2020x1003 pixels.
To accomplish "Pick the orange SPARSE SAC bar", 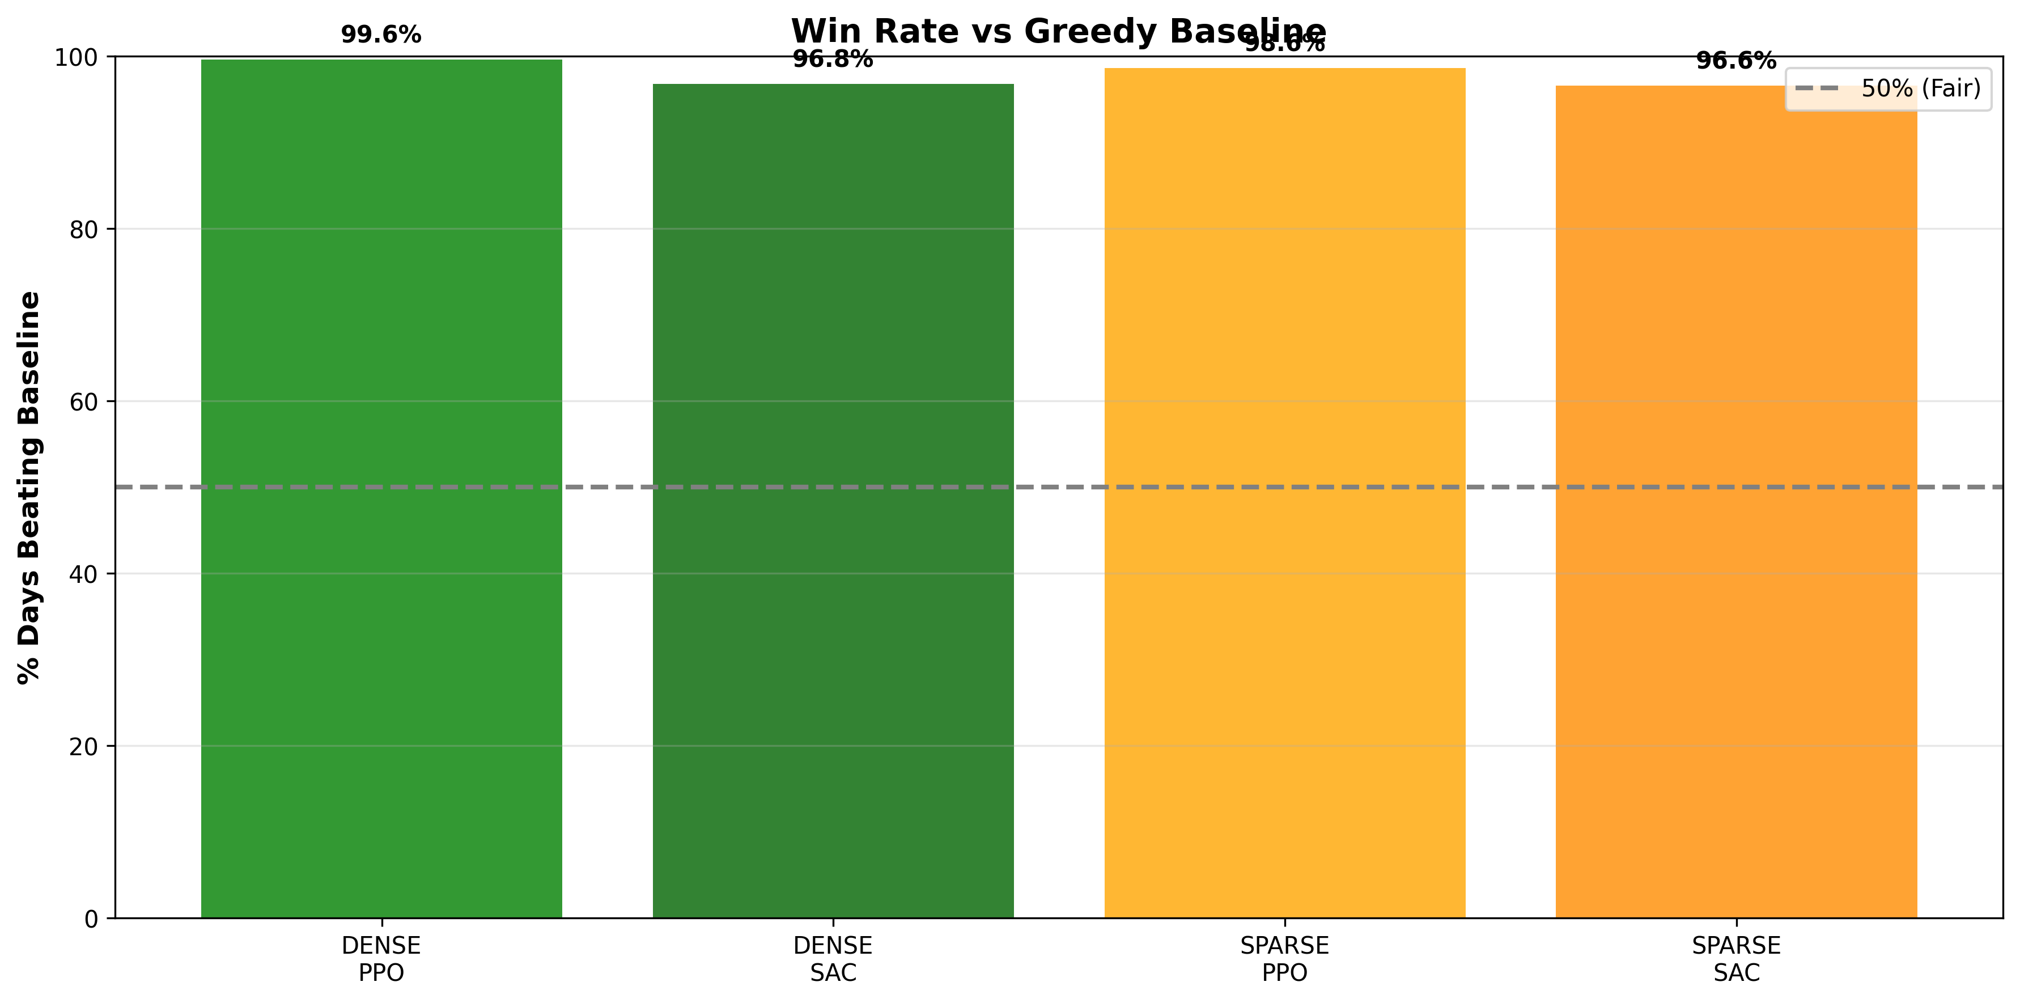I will coord(1736,501).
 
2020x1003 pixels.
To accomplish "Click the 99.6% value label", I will coord(381,35).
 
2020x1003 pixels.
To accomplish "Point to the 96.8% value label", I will coord(833,60).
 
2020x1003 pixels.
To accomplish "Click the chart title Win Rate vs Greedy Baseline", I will coord(1059,31).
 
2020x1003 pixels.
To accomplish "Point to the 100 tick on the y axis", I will coord(76,57).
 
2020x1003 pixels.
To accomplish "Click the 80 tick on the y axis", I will coord(84,230).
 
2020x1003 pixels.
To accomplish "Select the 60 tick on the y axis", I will coord(84,401).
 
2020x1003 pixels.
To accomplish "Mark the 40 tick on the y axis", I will coord(84,574).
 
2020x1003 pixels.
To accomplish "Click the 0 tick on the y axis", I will coord(92,919).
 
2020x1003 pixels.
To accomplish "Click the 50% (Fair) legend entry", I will coord(1889,88).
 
